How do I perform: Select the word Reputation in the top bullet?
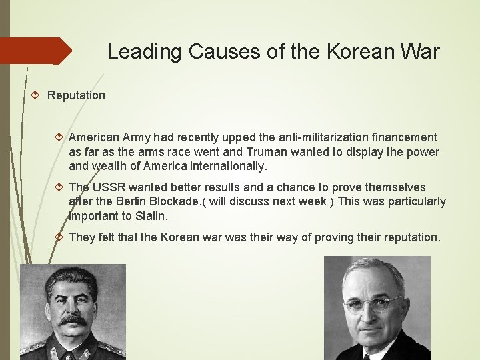pos(76,95)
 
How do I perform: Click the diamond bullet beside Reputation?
pos(37,95)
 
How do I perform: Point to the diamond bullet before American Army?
pos(59,138)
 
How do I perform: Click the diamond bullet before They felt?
pos(59,237)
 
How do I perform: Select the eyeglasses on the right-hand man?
pos(375,304)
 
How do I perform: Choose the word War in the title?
pos(420,52)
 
